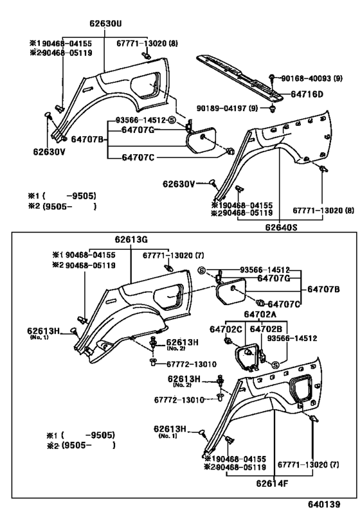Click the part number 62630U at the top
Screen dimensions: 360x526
(105, 24)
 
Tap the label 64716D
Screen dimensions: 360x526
(307, 94)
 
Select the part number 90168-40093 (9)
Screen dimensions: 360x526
(312, 78)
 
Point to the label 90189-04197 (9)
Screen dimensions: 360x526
(228, 109)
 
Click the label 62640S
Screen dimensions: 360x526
(282, 227)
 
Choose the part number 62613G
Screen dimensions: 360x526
(131, 240)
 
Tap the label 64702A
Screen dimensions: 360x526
(260, 314)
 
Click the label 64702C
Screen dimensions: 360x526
(226, 329)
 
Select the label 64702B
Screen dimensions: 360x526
(266, 329)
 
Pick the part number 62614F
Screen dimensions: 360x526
(272, 484)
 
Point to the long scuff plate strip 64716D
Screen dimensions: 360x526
(240, 78)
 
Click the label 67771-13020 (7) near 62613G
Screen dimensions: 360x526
(174, 256)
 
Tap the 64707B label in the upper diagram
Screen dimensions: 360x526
(87, 139)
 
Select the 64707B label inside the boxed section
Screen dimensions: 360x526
(323, 289)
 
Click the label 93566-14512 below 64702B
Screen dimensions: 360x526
(292, 338)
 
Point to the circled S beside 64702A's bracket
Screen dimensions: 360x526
(275, 365)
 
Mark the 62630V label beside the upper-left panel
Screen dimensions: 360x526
(49, 152)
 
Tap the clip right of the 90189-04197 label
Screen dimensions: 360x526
(271, 109)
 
